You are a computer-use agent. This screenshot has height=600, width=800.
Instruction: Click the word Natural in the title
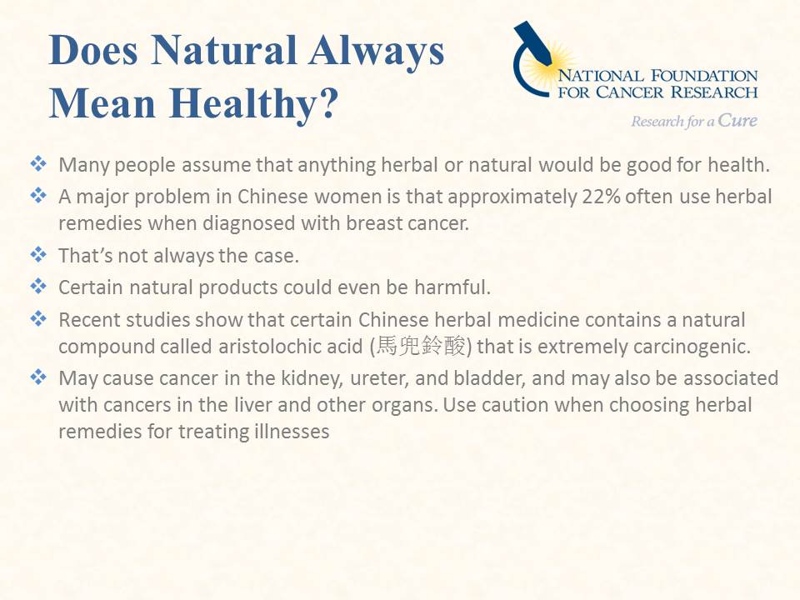tap(224, 50)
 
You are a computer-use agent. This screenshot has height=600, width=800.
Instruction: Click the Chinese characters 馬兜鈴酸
tap(420, 347)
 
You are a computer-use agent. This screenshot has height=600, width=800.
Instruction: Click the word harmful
tap(452, 287)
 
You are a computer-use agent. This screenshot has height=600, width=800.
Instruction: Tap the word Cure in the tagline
tap(737, 120)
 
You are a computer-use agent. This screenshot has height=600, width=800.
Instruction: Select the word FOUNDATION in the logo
tap(705, 76)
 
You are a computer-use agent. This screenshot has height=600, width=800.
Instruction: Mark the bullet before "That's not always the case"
tap(38, 254)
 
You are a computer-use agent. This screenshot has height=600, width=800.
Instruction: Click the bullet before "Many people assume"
tap(38, 164)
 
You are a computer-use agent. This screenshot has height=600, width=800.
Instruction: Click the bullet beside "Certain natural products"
tap(38, 286)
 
